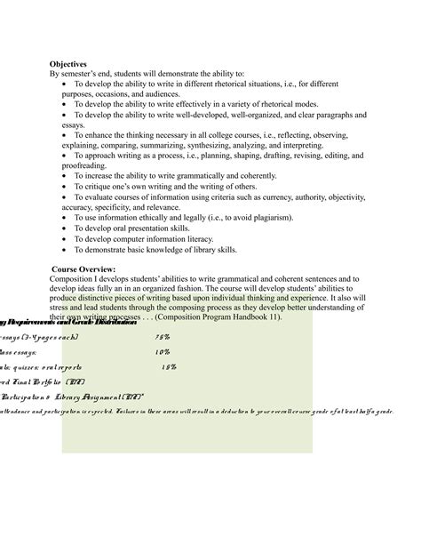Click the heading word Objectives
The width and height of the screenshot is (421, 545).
tap(68, 64)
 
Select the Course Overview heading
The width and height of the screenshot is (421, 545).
tap(84, 268)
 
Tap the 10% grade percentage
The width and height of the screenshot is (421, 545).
tap(163, 352)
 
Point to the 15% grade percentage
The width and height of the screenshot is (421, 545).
tap(169, 366)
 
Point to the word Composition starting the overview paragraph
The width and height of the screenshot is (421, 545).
tap(79, 278)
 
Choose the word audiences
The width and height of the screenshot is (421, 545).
tap(158, 93)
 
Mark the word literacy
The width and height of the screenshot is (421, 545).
tap(210, 239)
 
